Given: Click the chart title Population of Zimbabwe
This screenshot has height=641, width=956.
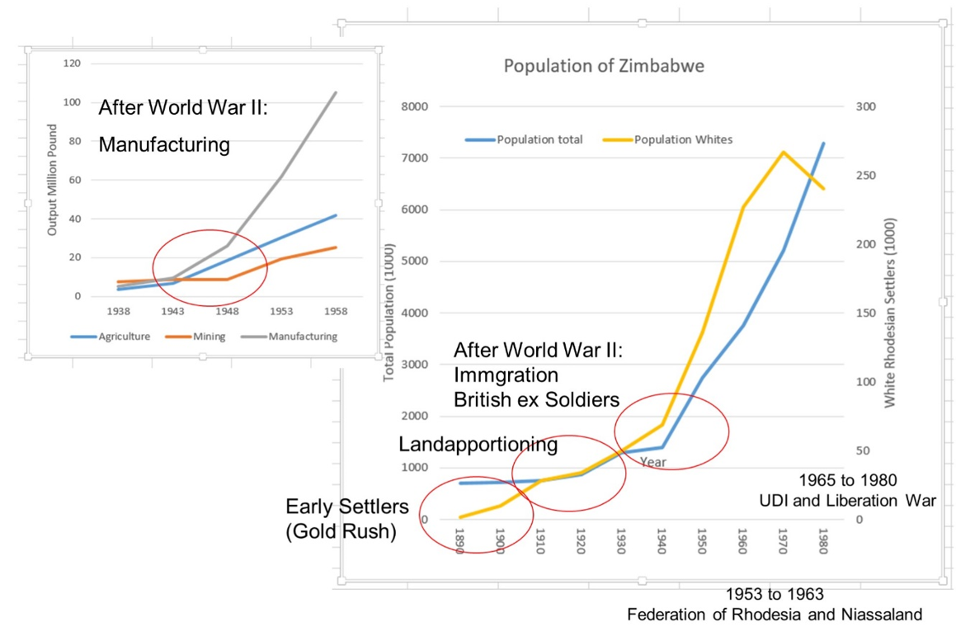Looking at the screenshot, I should (x=604, y=66).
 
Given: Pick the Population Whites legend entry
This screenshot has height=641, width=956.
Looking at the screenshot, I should (x=683, y=139).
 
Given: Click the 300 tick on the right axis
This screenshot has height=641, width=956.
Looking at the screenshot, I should (x=865, y=106).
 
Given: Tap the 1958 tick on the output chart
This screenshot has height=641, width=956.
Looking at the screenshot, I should (x=335, y=311).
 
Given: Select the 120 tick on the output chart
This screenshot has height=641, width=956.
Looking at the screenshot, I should (x=72, y=64).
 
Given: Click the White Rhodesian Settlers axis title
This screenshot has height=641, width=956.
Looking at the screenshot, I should (x=889, y=313).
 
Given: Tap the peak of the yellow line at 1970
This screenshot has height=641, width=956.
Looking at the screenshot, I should (x=782, y=152).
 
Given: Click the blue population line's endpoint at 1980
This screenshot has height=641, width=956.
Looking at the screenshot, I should (x=822, y=144).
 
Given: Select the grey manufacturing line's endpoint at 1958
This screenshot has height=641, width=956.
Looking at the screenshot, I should (x=336, y=92).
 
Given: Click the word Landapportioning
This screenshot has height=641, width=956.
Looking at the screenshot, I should (x=478, y=445).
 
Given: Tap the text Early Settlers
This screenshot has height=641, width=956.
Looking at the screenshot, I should (x=340, y=506).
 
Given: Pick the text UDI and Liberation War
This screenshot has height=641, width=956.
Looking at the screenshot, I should (x=847, y=500).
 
